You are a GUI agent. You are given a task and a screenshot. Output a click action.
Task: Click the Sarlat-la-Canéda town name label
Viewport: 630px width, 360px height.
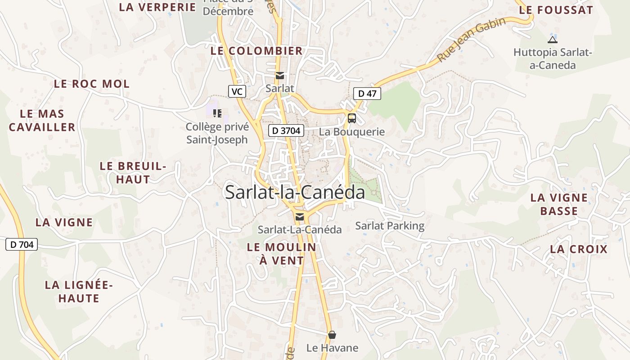tap(295, 192)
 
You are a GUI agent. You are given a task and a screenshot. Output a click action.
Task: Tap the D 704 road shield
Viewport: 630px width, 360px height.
tap(21, 244)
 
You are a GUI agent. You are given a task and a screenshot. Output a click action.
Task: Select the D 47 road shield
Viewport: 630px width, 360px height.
tap(367, 94)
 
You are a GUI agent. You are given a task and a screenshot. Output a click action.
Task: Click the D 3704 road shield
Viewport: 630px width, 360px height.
tap(287, 131)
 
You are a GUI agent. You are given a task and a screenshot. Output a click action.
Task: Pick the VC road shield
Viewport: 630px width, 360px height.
tap(237, 91)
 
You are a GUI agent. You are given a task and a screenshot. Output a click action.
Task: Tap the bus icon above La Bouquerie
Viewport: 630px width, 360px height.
tap(352, 118)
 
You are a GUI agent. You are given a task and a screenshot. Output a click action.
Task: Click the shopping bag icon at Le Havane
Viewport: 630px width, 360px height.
tap(332, 335)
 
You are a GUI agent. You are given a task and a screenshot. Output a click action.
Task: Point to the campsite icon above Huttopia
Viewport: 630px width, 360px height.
tap(553, 40)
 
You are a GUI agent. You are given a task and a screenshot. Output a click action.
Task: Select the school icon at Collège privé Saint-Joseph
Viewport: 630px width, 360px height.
tap(217, 113)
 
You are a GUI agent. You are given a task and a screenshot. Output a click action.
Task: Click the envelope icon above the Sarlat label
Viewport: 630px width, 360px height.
tap(280, 75)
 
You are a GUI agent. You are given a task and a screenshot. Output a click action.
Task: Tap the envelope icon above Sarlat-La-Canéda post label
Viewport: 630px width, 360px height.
tap(299, 217)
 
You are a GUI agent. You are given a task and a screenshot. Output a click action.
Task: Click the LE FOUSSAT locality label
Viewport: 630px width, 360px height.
tap(556, 10)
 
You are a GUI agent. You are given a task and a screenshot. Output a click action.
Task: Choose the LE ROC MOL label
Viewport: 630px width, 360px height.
tap(92, 84)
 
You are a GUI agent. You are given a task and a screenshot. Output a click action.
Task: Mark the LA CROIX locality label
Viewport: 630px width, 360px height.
tap(579, 249)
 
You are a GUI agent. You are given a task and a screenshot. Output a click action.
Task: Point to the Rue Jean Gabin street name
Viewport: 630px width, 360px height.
tap(475, 40)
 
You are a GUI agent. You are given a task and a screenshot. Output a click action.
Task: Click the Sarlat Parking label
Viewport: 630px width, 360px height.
tap(390, 225)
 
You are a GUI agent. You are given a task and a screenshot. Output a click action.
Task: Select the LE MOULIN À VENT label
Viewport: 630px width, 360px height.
tap(282, 253)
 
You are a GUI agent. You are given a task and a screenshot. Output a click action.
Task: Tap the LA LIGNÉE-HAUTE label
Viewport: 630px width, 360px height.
tap(79, 291)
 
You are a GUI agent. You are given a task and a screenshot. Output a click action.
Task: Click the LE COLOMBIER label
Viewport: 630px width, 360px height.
tap(256, 51)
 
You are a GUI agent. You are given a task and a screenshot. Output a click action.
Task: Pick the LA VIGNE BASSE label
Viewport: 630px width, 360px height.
tap(559, 204)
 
